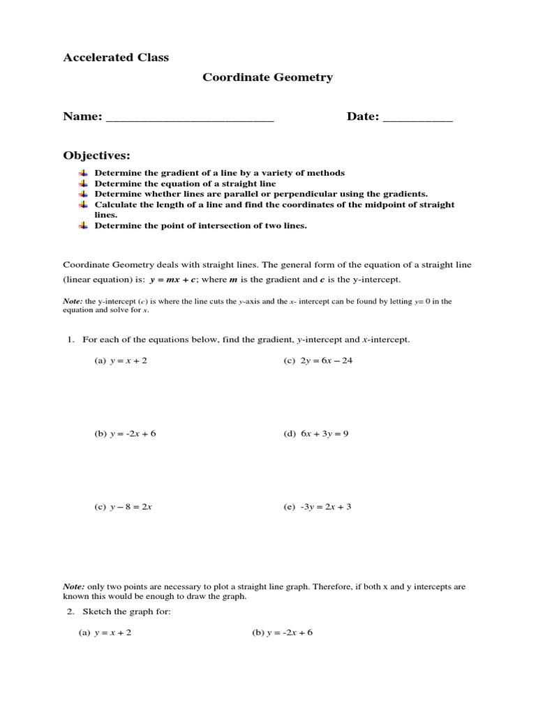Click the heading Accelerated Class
point(116,57)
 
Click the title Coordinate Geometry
point(267,77)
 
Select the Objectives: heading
point(96,154)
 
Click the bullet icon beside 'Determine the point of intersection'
point(82,225)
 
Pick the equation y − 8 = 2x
point(131,507)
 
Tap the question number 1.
point(70,339)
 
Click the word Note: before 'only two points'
point(74,587)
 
